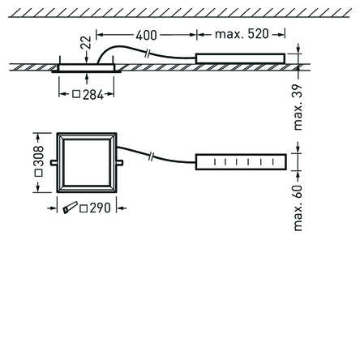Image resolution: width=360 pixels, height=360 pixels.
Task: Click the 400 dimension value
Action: (x=146, y=35)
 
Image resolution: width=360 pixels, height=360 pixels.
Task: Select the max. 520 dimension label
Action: (x=242, y=34)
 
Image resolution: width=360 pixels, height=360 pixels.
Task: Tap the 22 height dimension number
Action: (x=86, y=42)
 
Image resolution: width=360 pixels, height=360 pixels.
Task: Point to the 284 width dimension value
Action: (x=93, y=95)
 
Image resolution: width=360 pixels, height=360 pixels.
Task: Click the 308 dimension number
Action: (x=38, y=156)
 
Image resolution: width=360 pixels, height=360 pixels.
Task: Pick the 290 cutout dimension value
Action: (x=101, y=208)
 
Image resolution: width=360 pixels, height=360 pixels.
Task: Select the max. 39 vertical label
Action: (x=298, y=107)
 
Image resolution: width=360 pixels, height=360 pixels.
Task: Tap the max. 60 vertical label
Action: (x=298, y=208)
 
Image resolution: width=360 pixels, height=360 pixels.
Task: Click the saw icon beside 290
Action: (x=70, y=208)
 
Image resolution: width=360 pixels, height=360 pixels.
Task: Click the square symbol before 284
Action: (x=76, y=94)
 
